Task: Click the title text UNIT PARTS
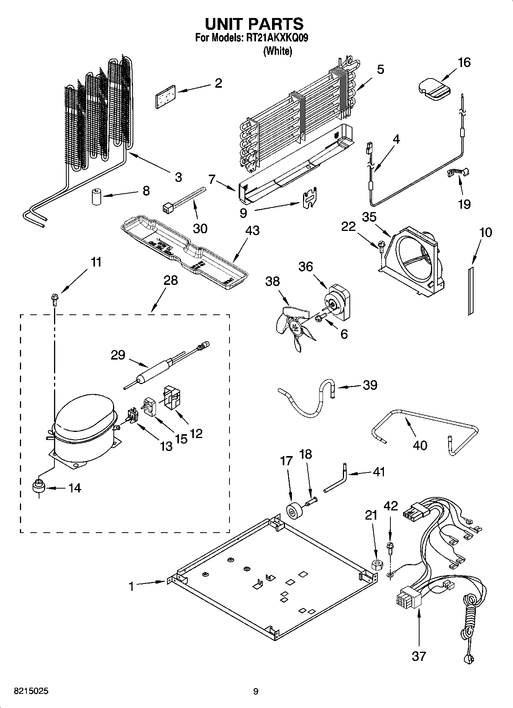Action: click(254, 24)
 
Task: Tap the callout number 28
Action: click(170, 280)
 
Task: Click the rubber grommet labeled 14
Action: click(38, 487)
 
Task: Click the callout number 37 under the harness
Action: click(419, 656)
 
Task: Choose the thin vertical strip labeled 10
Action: click(470, 291)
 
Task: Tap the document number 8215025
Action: click(31, 691)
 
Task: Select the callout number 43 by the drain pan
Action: click(252, 231)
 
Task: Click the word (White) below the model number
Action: click(277, 51)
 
